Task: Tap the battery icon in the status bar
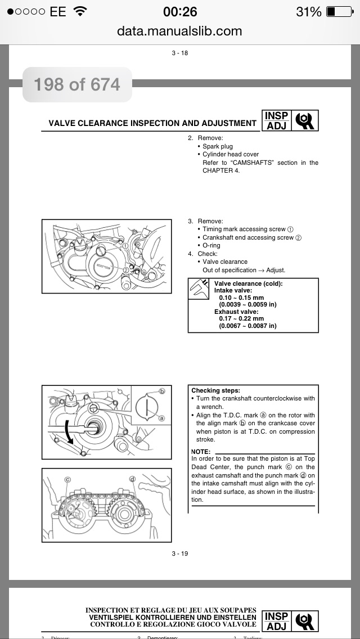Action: (338, 12)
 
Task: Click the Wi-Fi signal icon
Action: (80, 11)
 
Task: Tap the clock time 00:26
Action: (180, 12)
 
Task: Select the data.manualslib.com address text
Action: (179, 31)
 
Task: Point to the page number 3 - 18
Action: (180, 53)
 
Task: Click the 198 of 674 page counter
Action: (77, 85)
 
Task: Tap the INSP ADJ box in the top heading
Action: (276, 120)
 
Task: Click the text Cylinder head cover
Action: (231, 155)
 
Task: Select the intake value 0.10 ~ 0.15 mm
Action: (241, 298)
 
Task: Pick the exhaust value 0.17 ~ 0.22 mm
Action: (241, 319)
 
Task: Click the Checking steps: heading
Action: (215, 390)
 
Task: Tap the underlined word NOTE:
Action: (201, 452)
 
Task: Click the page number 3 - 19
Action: (180, 553)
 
